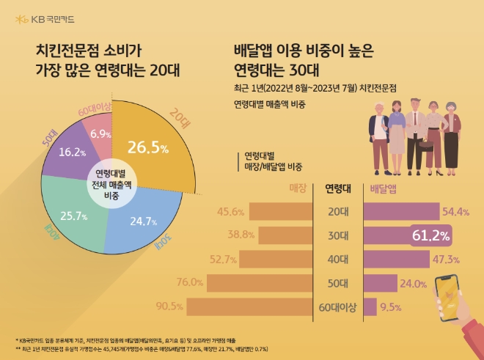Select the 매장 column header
(x=298, y=188)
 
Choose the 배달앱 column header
(x=384, y=188)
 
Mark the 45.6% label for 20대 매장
(x=231, y=212)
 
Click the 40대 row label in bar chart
(x=338, y=259)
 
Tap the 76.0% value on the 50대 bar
(x=190, y=283)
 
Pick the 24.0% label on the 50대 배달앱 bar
(x=413, y=283)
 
